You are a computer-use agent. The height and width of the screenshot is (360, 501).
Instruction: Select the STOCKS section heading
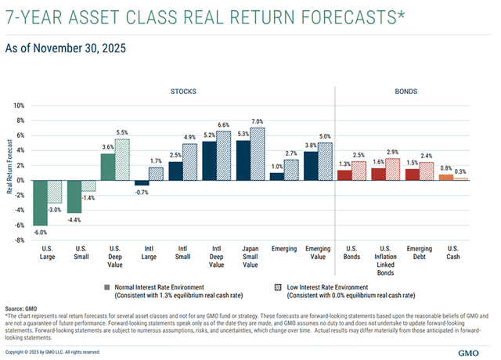tap(185, 92)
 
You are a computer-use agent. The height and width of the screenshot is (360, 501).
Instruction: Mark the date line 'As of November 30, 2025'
tap(65, 48)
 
